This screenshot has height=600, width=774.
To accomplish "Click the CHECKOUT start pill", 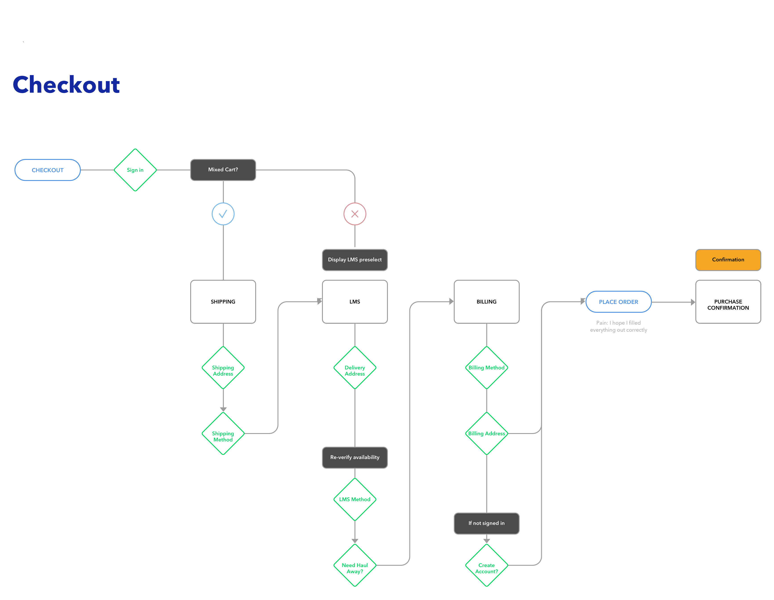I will pyautogui.click(x=47, y=170).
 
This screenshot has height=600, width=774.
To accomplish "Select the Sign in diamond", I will pyautogui.click(x=135, y=170).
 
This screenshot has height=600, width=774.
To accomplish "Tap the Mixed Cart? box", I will pyautogui.click(x=223, y=170).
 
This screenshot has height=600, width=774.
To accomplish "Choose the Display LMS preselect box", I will pyautogui.click(x=355, y=260).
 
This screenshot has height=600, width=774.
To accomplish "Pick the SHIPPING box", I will pyautogui.click(x=223, y=302).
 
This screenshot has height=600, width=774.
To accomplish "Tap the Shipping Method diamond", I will pyautogui.click(x=223, y=434).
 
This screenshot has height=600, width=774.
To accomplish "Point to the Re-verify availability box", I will pyautogui.click(x=355, y=457).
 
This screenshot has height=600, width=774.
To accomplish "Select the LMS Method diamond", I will pyautogui.click(x=355, y=499).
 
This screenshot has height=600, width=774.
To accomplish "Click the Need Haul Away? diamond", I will pyautogui.click(x=355, y=566).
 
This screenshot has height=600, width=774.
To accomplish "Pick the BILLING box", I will pyautogui.click(x=486, y=302).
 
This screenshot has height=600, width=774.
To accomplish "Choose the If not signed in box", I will pyautogui.click(x=486, y=523).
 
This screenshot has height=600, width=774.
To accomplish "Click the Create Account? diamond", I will pyautogui.click(x=486, y=566).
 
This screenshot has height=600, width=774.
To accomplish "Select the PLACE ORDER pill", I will pyautogui.click(x=618, y=302).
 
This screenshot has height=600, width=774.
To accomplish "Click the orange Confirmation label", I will pyautogui.click(x=728, y=260).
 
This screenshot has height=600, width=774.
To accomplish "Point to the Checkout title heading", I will pyautogui.click(x=66, y=85).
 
